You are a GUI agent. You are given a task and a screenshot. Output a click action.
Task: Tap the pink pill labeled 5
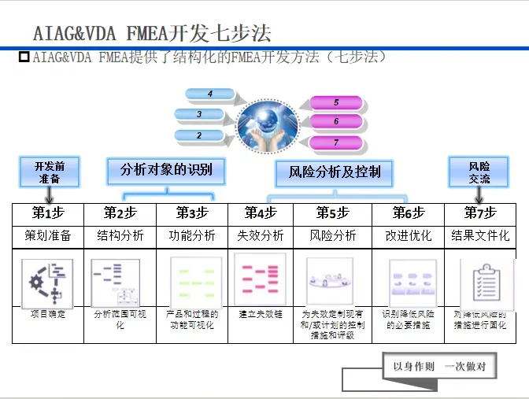tap(336, 102)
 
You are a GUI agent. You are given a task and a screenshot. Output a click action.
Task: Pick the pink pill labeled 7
tap(336, 142)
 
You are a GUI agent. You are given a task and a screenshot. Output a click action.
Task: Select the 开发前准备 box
tap(48, 172)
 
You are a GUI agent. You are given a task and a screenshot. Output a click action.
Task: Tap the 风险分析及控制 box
tap(335, 172)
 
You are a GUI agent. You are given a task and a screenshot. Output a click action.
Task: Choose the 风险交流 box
tap(479, 172)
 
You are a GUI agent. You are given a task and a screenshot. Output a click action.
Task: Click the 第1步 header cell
tap(48, 213)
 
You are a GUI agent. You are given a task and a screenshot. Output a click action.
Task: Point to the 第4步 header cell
tap(261, 213)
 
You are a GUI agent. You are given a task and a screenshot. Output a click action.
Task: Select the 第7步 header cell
tap(480, 213)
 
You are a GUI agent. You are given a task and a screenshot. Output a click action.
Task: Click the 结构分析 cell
tap(120, 235)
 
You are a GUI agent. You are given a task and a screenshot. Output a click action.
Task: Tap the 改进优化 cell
tap(409, 235)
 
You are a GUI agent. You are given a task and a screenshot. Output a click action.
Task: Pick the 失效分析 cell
tap(261, 235)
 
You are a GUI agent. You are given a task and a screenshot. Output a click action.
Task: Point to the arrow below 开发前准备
tap(48, 194)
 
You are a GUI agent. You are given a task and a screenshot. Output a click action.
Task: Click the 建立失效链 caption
tap(261, 314)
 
